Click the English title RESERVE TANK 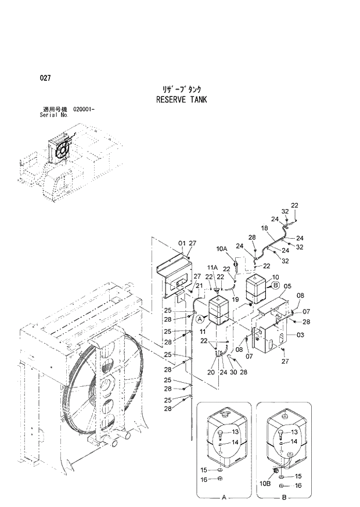point(181,99)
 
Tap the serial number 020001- point(85,110)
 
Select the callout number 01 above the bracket point(181,243)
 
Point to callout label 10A point(222,249)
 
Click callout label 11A point(213,268)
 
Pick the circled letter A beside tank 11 point(199,319)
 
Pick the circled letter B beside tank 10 point(276,285)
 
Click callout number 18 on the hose point(264,229)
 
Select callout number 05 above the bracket point(287,286)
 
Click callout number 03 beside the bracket point(300,336)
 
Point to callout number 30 point(233,372)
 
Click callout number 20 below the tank point(210,372)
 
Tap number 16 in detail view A point(204,480)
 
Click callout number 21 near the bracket point(199,286)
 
